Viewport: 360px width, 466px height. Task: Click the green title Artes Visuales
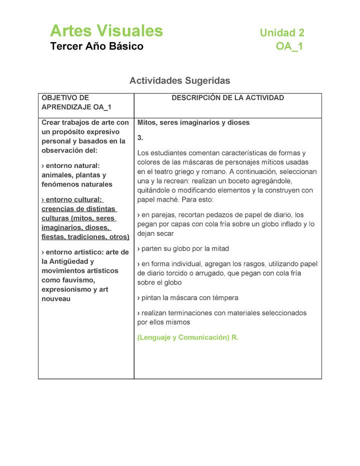click(x=106, y=31)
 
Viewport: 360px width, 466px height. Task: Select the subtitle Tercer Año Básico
click(x=96, y=46)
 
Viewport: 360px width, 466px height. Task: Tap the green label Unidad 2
click(x=281, y=33)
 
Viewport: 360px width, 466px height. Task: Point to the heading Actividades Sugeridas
click(x=179, y=80)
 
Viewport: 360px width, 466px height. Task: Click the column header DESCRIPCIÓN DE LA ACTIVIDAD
click(x=227, y=98)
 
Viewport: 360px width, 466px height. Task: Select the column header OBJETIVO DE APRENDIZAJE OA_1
click(x=76, y=102)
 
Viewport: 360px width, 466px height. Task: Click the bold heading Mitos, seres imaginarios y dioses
click(x=193, y=122)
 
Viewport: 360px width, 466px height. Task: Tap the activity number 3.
click(x=140, y=137)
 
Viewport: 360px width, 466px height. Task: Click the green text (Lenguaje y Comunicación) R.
click(x=187, y=337)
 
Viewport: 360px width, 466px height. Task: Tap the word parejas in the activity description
click(x=162, y=215)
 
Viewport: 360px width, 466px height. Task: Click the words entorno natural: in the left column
click(x=71, y=165)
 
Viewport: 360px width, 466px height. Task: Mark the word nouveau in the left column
click(x=55, y=298)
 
